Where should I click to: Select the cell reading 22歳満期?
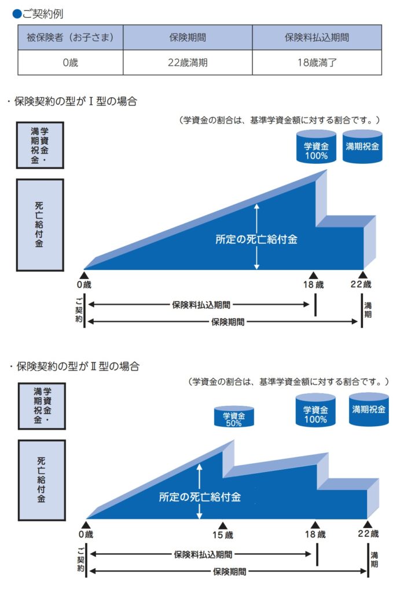(x=187, y=63)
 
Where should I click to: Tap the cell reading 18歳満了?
(x=317, y=63)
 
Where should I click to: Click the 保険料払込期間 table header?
(x=317, y=38)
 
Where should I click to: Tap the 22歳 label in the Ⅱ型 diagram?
(x=368, y=533)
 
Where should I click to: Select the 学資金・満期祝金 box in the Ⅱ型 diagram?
(x=41, y=405)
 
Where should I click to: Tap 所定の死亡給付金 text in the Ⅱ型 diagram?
(x=200, y=496)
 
